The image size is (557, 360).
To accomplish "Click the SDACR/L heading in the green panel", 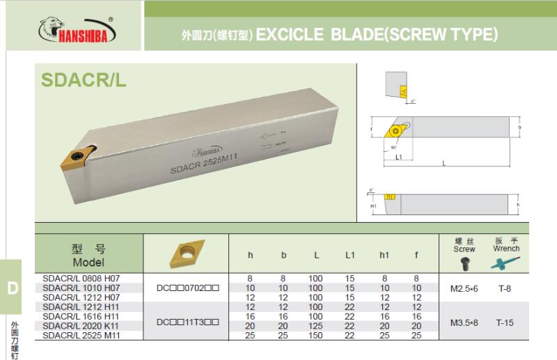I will [84, 80].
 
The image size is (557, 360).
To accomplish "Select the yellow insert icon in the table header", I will [186, 253].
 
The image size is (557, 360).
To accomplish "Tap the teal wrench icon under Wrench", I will [505, 263].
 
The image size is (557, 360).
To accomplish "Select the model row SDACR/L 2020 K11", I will [81, 326].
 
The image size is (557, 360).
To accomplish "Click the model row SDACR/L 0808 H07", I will [81, 278].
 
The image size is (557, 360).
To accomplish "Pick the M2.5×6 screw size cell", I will [464, 288].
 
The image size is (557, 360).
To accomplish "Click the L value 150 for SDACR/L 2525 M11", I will [316, 336].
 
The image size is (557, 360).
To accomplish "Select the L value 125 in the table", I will [316, 326].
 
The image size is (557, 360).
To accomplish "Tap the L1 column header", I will [350, 255].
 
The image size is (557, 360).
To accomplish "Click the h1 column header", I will [384, 255].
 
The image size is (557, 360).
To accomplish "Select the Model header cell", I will [88, 255].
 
